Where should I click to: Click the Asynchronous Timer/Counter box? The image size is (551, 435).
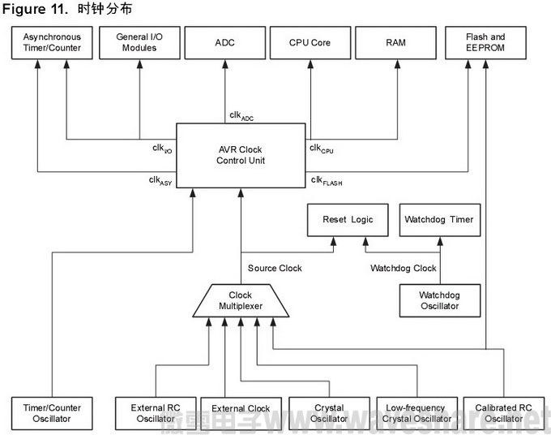pos(52,42)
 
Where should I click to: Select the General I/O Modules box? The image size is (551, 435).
pos(138,42)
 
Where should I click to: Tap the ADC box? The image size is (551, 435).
pos(224,42)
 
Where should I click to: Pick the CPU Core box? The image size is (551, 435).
pos(310,42)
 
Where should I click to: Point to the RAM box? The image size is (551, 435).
pos(397,42)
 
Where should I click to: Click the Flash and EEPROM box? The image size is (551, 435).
pos(485,42)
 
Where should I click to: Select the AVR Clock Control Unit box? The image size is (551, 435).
pos(241,154)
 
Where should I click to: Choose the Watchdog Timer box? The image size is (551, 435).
pos(439,220)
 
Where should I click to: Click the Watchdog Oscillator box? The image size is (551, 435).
pos(439,300)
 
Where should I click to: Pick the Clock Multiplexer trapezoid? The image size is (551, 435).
pos(241,301)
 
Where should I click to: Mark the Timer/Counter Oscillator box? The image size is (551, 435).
pos(52,414)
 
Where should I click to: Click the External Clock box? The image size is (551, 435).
pos(241,409)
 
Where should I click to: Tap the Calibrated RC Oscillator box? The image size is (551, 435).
pos(502,414)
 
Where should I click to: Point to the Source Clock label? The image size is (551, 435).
pos(275,269)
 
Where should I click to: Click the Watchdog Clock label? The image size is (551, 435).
pos(404,269)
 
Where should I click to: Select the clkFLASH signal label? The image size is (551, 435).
pos(326,181)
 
